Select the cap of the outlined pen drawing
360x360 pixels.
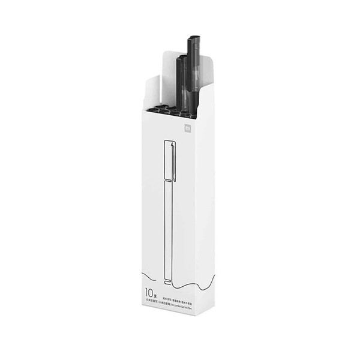coord(169,162)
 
